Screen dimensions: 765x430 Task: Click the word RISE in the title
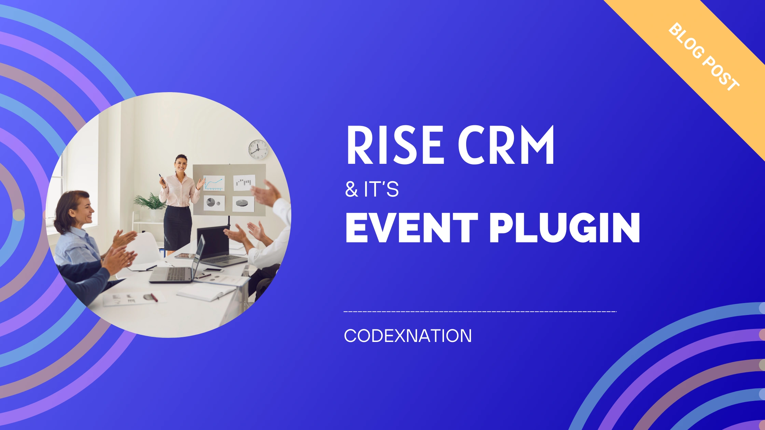[x=395, y=145]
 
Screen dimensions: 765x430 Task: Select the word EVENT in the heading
[x=412, y=228]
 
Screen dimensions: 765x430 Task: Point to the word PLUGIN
[x=565, y=228]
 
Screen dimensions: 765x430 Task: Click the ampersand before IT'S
[x=351, y=189]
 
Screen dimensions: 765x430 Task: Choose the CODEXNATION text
[x=408, y=336]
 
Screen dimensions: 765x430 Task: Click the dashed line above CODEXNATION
[x=480, y=312]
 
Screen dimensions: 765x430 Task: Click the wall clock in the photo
[x=258, y=149]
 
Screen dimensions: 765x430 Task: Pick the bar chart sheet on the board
[x=244, y=183]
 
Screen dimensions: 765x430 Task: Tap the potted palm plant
[x=150, y=202]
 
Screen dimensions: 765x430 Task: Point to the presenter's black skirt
[x=178, y=228]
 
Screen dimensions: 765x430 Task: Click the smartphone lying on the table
[x=213, y=270]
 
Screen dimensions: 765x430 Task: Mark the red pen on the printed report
[x=154, y=298]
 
